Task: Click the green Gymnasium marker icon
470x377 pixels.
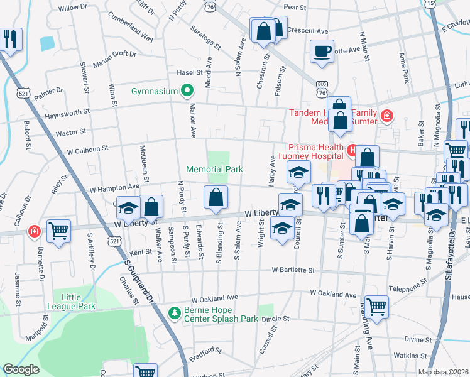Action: click(x=187, y=92)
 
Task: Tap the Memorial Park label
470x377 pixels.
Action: click(x=214, y=169)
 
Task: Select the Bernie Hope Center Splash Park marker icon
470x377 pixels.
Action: click(x=174, y=312)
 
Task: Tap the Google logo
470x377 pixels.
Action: click(x=21, y=369)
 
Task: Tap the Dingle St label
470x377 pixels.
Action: click(x=275, y=319)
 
